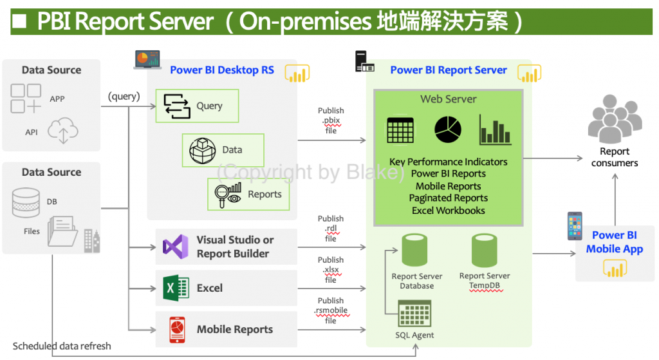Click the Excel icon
click(x=176, y=288)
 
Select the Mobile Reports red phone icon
click(x=177, y=329)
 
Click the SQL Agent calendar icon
click(x=414, y=314)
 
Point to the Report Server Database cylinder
click(x=415, y=251)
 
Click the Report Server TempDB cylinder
click(x=484, y=251)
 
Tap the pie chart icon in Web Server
click(x=448, y=129)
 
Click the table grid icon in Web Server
click(x=400, y=131)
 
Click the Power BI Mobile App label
click(x=614, y=242)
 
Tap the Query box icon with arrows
click(x=177, y=106)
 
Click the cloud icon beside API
click(x=62, y=130)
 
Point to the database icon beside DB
click(x=26, y=202)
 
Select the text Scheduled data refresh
click(x=62, y=346)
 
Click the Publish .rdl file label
click(x=331, y=229)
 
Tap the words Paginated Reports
click(x=448, y=198)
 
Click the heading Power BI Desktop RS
click(x=221, y=70)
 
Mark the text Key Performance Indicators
click(x=448, y=162)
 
